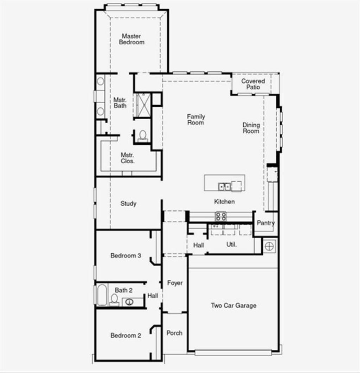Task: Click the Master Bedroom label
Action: pyautogui.click(x=131, y=39)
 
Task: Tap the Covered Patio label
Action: pyautogui.click(x=253, y=84)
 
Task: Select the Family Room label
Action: pyautogui.click(x=196, y=119)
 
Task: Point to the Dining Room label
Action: pyautogui.click(x=251, y=128)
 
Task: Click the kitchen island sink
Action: pyautogui.click(x=224, y=186)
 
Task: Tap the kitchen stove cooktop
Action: pyautogui.click(x=221, y=216)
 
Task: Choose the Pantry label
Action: pyautogui.click(x=265, y=223)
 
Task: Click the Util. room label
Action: pyautogui.click(x=231, y=244)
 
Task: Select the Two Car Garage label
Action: pyautogui.click(x=233, y=305)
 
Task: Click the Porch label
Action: pyautogui.click(x=174, y=333)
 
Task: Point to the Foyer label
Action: pyautogui.click(x=175, y=283)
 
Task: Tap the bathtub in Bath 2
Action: pyautogui.click(x=102, y=295)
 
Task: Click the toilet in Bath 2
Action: pyautogui.click(x=114, y=299)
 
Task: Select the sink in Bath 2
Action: pyautogui.click(x=129, y=302)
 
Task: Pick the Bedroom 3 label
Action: pyautogui.click(x=126, y=255)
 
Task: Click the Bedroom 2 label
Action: pyautogui.click(x=126, y=335)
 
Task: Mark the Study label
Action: pyautogui.click(x=128, y=203)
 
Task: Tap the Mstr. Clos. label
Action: pyautogui.click(x=128, y=158)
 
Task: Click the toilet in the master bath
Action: pyautogui.click(x=143, y=135)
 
